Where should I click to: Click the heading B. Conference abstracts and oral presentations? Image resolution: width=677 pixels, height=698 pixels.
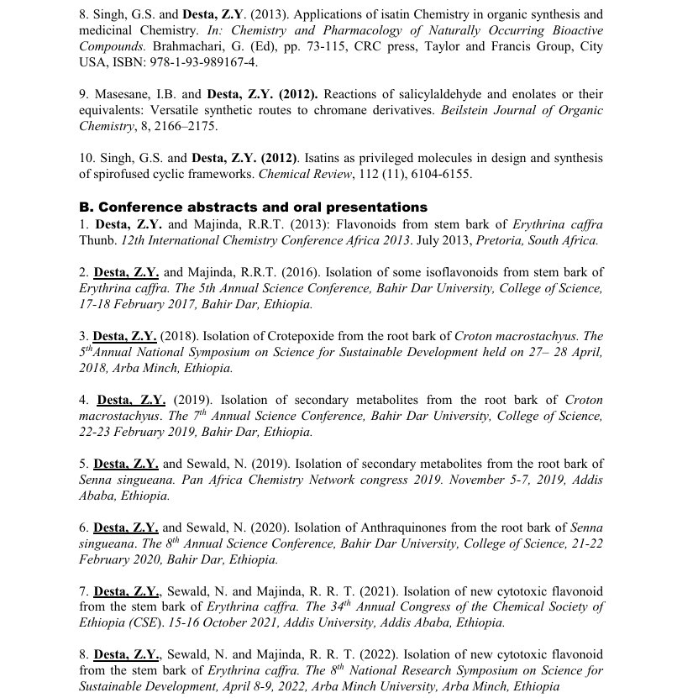pos(253,207)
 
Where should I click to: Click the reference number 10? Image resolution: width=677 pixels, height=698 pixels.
pos(87,158)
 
